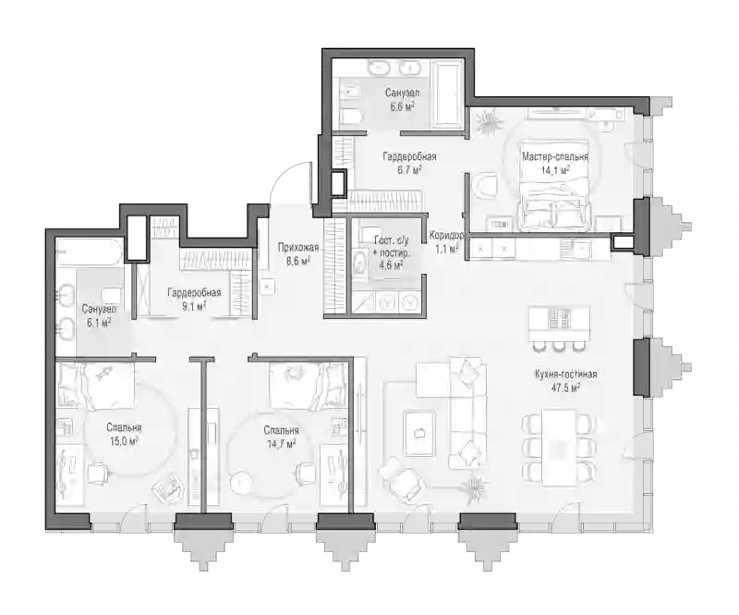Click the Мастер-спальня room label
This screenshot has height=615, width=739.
coord(555,157)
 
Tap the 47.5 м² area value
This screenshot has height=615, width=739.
coord(565,387)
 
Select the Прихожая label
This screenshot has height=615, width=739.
coord(297,247)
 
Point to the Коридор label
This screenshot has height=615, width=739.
coord(446,235)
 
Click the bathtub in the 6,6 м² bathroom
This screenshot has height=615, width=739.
coord(448,93)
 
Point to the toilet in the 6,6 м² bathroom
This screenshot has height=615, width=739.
coord(351,116)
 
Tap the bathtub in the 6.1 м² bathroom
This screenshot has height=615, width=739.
coord(89,252)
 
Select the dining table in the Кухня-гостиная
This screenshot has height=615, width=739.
coord(559,447)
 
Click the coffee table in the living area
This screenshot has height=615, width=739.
coord(419,432)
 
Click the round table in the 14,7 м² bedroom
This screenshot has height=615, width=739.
coord(242,482)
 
